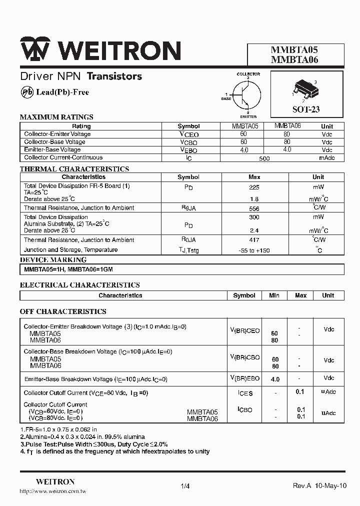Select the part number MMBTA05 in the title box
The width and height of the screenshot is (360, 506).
point(294,50)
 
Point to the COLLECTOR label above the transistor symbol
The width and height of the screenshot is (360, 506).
point(248,74)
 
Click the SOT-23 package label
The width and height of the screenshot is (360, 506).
point(305,109)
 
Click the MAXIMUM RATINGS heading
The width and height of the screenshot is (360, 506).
point(56,117)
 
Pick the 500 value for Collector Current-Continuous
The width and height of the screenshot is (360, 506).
point(264,158)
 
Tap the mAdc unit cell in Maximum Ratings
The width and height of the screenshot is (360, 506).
point(326,157)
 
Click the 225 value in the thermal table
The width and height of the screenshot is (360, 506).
point(254,186)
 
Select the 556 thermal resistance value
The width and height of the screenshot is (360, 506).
point(254,208)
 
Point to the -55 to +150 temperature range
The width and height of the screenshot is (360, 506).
point(254,250)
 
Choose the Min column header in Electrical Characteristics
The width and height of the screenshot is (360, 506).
point(274,295)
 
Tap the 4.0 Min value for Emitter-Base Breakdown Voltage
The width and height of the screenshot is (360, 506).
point(275,379)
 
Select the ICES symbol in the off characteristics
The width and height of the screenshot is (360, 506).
point(245,393)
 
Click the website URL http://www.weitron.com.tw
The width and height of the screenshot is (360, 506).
point(53,491)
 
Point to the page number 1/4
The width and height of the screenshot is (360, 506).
point(185,485)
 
